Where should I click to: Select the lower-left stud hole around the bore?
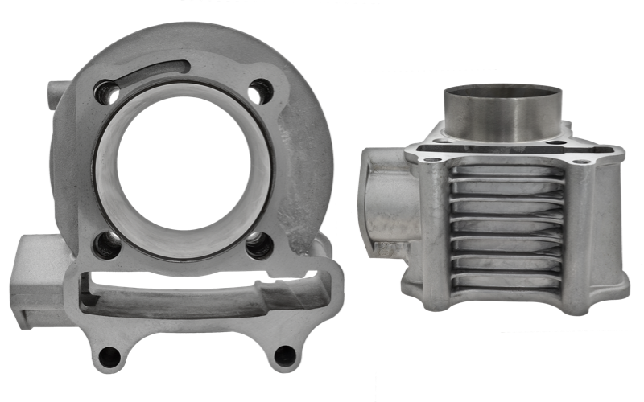coord(107,244)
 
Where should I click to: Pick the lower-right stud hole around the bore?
coord(258,244)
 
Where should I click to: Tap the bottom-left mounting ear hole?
coord(110,355)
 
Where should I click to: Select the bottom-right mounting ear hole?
coord(284,355)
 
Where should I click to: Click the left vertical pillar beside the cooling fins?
coord(434,233)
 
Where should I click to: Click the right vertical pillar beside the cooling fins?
coord(582,233)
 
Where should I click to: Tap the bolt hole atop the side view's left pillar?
coord(432,158)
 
